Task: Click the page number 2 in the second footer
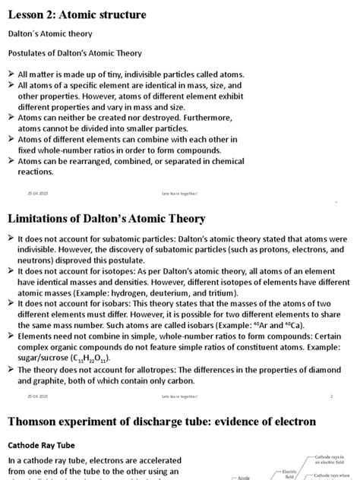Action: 331,396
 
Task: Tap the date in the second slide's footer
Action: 38,396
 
